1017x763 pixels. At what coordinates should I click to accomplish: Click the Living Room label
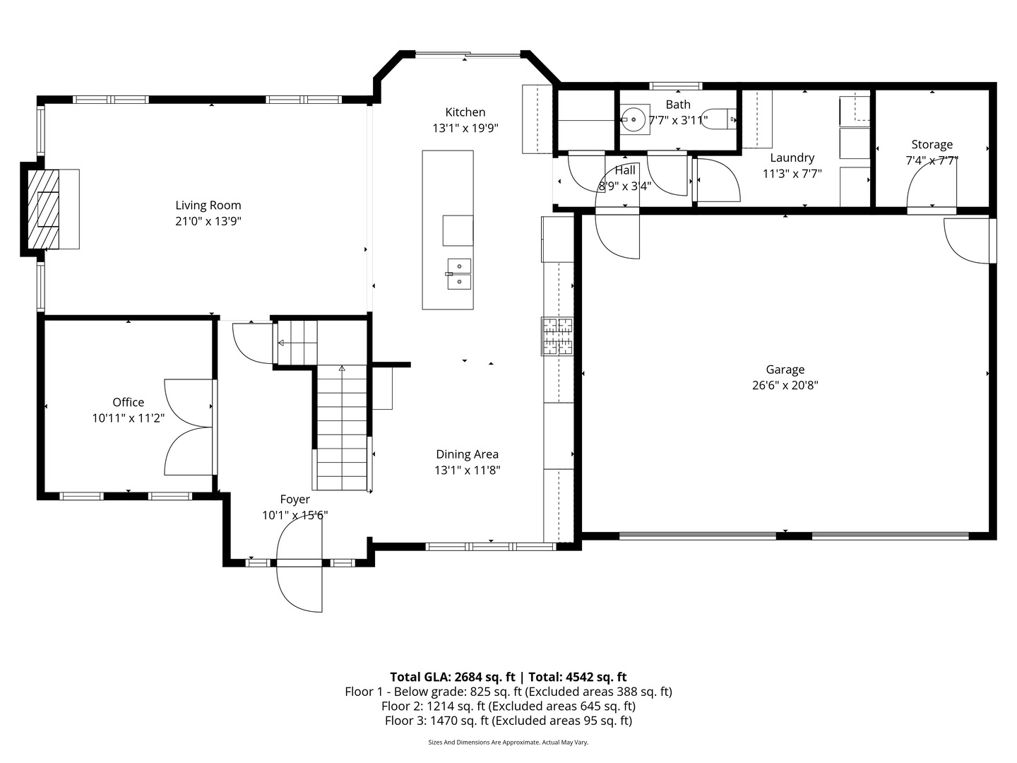(x=208, y=206)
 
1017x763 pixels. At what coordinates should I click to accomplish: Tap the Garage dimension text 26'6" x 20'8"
(x=785, y=385)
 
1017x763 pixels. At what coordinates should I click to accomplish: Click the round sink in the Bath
(x=635, y=119)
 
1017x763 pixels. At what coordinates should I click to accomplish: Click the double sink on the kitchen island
(x=458, y=274)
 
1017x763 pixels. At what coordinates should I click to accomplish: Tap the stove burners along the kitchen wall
(x=557, y=336)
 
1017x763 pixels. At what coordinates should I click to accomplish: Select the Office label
(x=128, y=402)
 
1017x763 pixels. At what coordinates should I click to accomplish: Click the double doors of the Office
(x=189, y=427)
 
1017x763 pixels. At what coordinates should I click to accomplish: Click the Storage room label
(x=932, y=145)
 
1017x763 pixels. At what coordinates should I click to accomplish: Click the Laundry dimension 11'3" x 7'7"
(x=792, y=174)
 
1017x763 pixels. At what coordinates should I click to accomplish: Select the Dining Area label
(x=467, y=454)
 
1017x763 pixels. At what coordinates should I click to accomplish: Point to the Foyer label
(x=295, y=499)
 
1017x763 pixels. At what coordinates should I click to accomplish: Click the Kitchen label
(x=465, y=112)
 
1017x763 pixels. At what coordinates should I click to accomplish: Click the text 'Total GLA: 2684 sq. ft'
(x=452, y=677)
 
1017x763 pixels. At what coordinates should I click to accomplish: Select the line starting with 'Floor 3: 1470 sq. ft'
(x=508, y=721)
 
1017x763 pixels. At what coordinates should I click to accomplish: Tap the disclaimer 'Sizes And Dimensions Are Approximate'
(x=508, y=743)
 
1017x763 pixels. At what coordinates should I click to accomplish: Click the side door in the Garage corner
(x=968, y=240)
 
